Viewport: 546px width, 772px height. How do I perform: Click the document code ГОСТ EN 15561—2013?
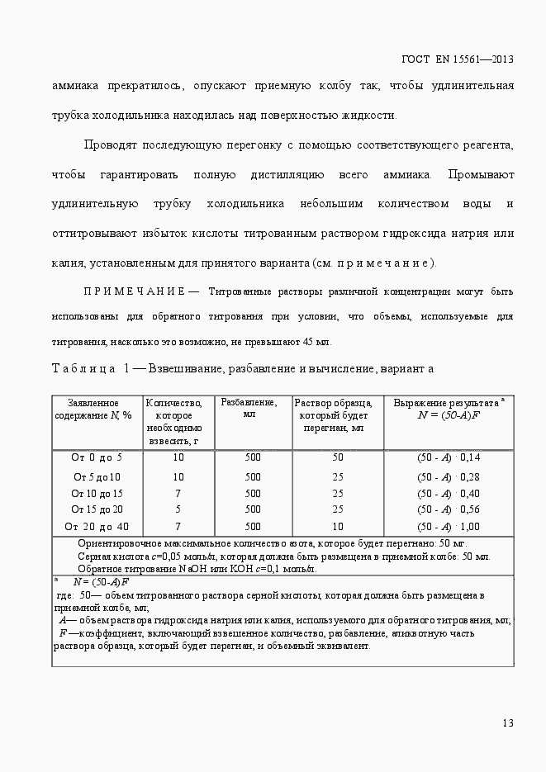(x=458, y=59)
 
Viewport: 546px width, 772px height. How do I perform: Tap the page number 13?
(x=508, y=723)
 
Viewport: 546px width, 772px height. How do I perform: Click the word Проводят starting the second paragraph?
(x=112, y=145)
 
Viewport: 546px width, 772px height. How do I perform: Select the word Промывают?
(x=481, y=175)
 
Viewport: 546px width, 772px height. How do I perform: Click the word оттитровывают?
(x=92, y=234)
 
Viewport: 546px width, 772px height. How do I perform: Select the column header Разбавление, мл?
(x=248, y=408)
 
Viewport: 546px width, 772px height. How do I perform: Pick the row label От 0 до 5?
(x=97, y=457)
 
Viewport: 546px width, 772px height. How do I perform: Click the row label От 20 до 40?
(x=97, y=526)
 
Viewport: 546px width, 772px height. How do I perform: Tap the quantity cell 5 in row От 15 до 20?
(x=178, y=509)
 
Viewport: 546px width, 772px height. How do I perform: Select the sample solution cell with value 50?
(x=337, y=457)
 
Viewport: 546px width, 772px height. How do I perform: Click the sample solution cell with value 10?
(x=337, y=526)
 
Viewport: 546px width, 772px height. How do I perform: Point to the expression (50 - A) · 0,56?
(x=448, y=509)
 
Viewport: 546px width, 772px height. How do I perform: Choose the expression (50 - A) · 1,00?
(x=448, y=526)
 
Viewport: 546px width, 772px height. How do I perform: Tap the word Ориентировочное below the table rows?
(x=118, y=544)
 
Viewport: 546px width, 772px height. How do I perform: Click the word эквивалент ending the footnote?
(x=344, y=646)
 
